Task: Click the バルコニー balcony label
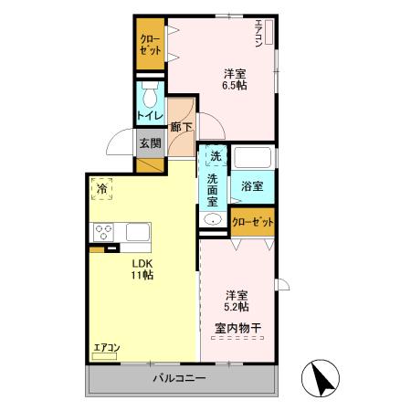[x=180, y=379]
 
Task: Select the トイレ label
[x=150, y=115]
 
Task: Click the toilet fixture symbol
[x=151, y=93]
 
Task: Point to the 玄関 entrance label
[x=150, y=143]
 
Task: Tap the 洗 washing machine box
[x=215, y=155]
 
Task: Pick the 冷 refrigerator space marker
[x=100, y=187]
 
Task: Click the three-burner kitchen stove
[x=101, y=231]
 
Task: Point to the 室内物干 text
[x=236, y=326]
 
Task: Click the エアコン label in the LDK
[x=107, y=348]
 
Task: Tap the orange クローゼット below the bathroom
[x=253, y=222]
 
